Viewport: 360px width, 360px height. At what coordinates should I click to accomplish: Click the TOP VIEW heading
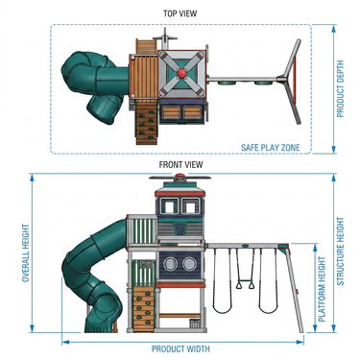[180, 13]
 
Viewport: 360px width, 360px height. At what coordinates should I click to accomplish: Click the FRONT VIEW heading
[180, 164]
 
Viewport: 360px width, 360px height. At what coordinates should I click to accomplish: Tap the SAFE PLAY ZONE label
[271, 148]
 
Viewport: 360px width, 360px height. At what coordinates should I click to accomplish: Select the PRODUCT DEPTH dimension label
[340, 88]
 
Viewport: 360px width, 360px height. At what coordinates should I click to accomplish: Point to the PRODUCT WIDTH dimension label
[180, 348]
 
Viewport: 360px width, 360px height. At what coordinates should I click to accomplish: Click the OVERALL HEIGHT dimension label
[26, 252]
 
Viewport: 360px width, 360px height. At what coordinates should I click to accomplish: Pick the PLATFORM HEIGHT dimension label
[322, 289]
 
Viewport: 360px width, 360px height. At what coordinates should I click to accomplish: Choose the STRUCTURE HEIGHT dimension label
[340, 252]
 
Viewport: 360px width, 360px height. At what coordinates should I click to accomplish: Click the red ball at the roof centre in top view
[181, 73]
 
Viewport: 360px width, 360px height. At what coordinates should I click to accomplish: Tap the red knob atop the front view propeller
[180, 175]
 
